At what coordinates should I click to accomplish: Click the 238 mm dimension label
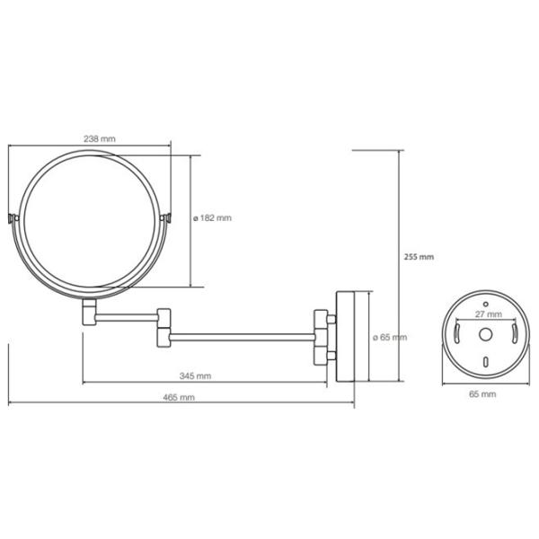click(x=100, y=139)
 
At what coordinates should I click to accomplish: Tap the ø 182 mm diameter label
click(x=212, y=218)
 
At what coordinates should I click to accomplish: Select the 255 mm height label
click(x=419, y=257)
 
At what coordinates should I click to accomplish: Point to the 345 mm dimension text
click(x=195, y=376)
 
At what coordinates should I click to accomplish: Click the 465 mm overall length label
click(x=179, y=397)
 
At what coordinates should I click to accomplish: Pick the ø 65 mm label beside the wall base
click(x=390, y=337)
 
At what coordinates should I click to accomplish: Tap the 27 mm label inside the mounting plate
click(x=489, y=314)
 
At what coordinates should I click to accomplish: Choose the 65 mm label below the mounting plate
click(x=482, y=394)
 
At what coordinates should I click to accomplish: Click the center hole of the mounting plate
click(x=485, y=334)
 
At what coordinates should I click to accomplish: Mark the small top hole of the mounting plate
click(x=485, y=304)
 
